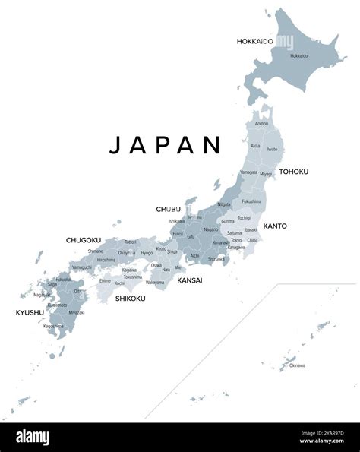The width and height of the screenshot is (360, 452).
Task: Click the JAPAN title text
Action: tap(166, 145)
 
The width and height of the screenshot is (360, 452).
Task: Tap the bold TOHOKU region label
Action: tap(294, 172)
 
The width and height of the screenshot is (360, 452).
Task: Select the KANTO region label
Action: tap(275, 226)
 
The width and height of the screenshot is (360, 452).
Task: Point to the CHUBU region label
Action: tap(169, 209)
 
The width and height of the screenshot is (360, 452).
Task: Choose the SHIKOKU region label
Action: tap(130, 299)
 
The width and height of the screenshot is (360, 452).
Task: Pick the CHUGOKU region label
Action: tap(84, 240)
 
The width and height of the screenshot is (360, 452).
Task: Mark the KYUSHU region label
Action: tap(30, 312)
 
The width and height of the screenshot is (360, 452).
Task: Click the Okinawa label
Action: tap(297, 365)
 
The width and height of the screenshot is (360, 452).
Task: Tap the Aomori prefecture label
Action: tap(261, 123)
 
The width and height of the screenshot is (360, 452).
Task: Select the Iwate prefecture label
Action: tap(272, 150)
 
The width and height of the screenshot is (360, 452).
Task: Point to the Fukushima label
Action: tap(252, 201)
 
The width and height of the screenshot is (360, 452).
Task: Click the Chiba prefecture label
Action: tap(252, 240)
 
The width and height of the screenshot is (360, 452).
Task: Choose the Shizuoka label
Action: tap(217, 258)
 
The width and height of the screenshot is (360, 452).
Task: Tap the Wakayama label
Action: tap(155, 283)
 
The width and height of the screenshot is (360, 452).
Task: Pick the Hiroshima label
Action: tap(106, 260)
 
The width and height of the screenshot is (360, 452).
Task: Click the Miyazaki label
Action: tap(77, 312)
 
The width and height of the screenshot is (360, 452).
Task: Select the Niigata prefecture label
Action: tap(224, 204)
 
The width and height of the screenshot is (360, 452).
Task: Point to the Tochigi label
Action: tap(244, 217)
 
